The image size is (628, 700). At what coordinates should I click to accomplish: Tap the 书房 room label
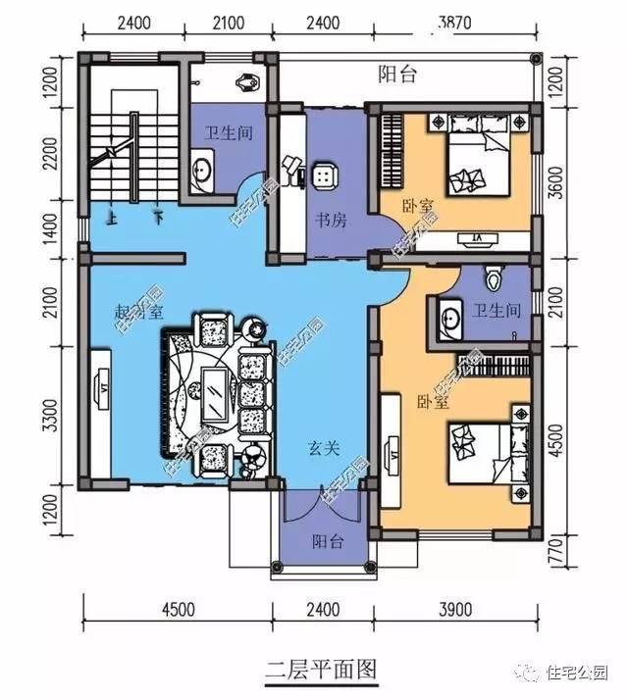click(x=330, y=221)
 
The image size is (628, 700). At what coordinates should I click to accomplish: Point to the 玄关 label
click(x=324, y=448)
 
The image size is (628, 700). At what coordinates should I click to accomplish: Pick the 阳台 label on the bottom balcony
click(x=328, y=540)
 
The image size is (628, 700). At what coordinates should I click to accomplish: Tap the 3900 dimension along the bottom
click(x=453, y=610)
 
